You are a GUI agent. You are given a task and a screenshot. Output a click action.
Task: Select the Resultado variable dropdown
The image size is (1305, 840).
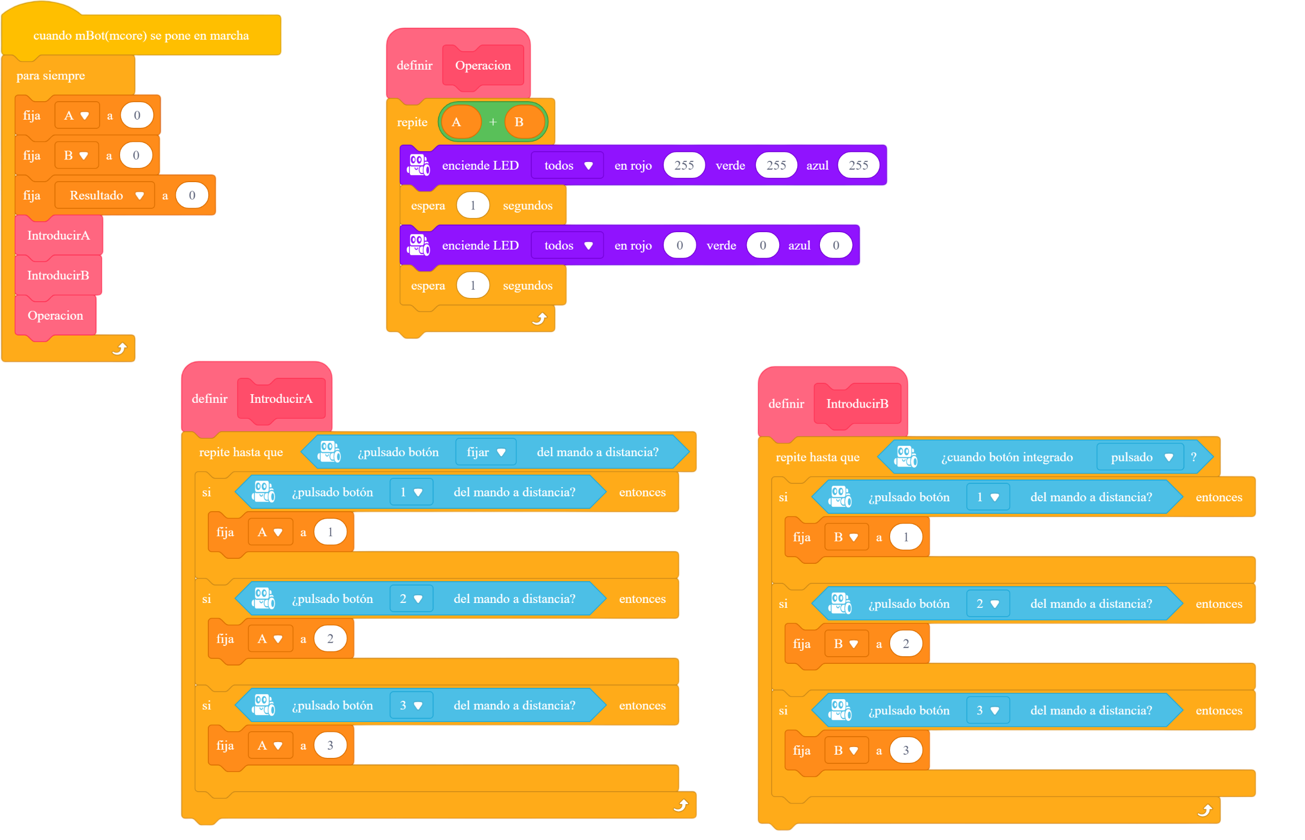(x=105, y=195)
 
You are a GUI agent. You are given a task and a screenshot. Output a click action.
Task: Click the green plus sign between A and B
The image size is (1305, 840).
(x=493, y=122)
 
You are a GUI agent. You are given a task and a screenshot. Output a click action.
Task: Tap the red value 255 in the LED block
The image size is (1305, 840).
(x=684, y=165)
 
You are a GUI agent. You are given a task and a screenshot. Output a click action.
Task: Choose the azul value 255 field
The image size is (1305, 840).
(x=859, y=165)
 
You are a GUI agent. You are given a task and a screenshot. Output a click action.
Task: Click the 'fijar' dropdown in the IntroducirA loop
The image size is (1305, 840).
(x=486, y=452)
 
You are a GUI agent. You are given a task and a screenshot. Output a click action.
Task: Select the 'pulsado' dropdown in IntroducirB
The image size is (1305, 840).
(x=1140, y=457)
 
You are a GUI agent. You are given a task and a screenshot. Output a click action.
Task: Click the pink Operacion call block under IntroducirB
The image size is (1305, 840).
(x=55, y=316)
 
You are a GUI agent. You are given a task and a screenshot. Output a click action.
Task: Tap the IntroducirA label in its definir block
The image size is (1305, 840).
(x=281, y=399)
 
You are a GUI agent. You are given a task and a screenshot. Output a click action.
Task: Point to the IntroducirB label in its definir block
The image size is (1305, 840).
(x=857, y=403)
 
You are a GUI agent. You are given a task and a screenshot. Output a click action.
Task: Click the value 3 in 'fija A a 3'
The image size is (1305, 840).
(x=330, y=745)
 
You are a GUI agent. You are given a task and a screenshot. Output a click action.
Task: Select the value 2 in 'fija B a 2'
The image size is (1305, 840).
(x=906, y=644)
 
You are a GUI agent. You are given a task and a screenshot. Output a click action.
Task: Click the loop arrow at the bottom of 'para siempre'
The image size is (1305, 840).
(x=120, y=349)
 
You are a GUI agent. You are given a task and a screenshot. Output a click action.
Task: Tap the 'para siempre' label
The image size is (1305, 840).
(x=51, y=75)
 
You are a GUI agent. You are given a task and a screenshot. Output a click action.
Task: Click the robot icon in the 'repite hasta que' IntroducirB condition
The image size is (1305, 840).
(x=906, y=457)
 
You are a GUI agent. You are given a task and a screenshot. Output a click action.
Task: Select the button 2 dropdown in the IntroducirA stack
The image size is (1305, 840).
(x=411, y=599)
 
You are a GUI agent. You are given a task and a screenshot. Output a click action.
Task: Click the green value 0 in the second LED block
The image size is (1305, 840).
(x=763, y=245)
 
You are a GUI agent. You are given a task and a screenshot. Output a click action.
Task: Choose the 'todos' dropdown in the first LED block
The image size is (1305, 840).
(x=567, y=165)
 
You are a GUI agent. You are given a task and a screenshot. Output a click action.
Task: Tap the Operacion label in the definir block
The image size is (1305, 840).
(x=483, y=65)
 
